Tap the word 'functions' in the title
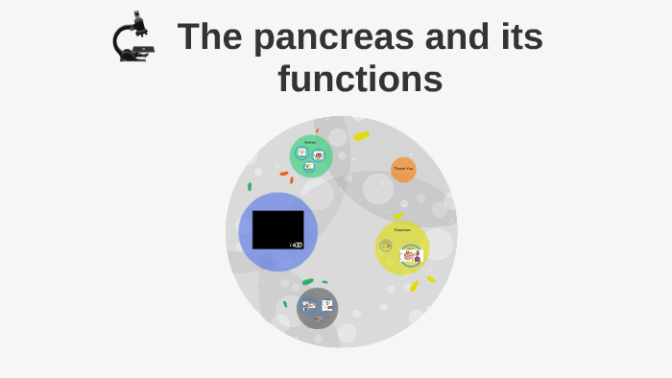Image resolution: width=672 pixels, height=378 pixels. click(360, 79)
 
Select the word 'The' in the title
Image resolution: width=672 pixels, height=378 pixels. click(208, 37)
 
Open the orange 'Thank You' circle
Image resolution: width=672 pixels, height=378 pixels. click(403, 169)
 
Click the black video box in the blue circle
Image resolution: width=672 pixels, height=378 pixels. click(277, 228)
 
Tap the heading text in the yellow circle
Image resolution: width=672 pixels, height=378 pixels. click(402, 230)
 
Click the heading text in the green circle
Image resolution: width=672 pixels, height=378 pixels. click(310, 142)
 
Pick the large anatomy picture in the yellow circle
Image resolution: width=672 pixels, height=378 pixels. click(411, 255)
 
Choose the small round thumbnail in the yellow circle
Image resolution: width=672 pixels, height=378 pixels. click(386, 246)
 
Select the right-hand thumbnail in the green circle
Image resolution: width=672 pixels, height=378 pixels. click(319, 154)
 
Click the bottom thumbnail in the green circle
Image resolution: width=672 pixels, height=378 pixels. click(309, 166)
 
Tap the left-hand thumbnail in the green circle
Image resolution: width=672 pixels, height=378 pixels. click(301, 152)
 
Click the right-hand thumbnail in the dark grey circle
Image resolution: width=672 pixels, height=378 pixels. click(327, 305)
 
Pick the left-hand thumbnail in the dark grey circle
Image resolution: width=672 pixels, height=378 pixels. click(309, 306)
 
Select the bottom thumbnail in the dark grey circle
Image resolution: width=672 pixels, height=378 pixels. click(318, 319)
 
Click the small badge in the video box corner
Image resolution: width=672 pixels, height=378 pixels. click(297, 245)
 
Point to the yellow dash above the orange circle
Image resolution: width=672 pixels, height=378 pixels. click(361, 135)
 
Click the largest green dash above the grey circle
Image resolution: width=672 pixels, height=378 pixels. click(307, 282)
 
